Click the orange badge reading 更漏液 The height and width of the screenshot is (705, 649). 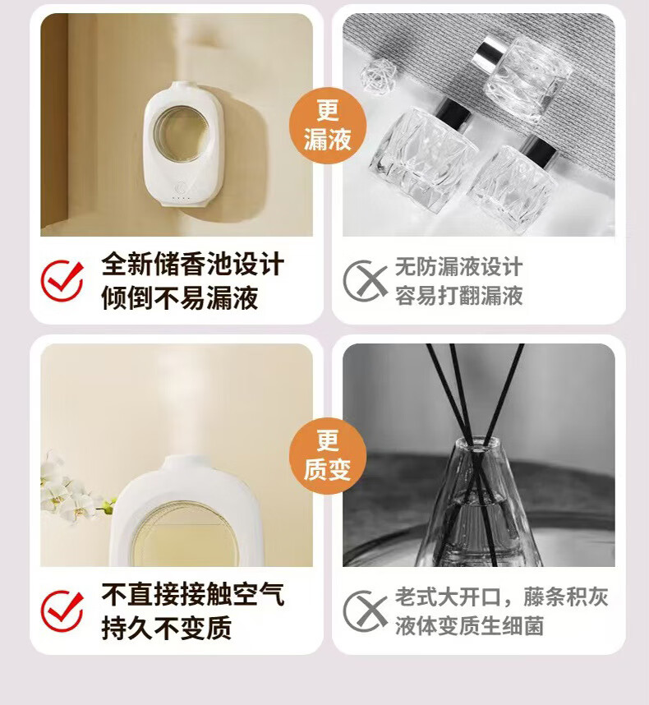328,125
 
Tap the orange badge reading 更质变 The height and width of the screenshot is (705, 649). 328,455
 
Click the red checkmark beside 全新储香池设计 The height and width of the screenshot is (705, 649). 62,280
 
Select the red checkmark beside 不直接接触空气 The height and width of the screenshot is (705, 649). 62,611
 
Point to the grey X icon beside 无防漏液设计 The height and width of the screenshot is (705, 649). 365,280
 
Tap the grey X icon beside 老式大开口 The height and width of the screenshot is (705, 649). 365,611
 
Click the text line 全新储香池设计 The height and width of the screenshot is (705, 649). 193,264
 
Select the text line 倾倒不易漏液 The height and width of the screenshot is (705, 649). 180,297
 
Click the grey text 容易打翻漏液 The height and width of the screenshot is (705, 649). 459,296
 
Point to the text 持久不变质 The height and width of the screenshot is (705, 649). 167,628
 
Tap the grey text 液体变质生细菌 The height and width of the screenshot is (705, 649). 470,625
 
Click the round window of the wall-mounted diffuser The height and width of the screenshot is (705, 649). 180,134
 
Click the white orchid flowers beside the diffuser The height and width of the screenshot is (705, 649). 72,490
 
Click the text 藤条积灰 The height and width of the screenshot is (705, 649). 566,597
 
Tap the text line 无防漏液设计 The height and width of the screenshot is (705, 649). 459,266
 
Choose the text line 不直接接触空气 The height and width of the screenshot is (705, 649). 193,594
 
